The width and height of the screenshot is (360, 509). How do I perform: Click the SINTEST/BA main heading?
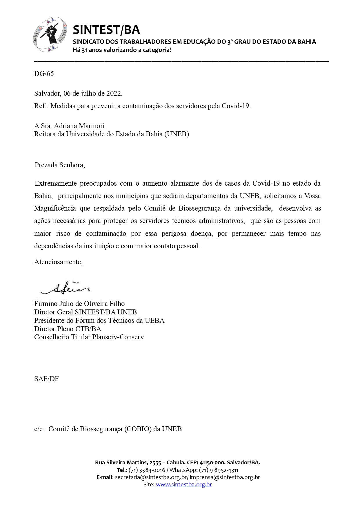click(x=106, y=30)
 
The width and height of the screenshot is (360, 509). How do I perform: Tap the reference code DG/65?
click(x=44, y=74)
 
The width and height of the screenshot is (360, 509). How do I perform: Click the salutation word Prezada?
click(x=46, y=165)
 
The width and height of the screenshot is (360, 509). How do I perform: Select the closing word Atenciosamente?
click(x=58, y=262)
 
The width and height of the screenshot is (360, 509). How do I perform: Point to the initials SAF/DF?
click(x=46, y=379)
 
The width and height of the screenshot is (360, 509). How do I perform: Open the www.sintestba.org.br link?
click(x=184, y=484)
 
